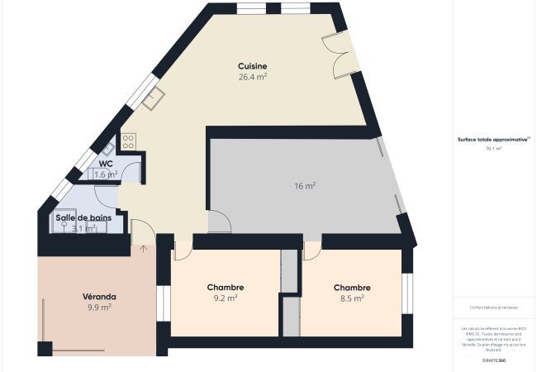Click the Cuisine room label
[x=252, y=66]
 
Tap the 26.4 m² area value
[x=252, y=77]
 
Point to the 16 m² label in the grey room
[x=305, y=186]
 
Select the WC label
[x=106, y=164]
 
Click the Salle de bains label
[x=83, y=218]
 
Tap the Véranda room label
[x=99, y=296]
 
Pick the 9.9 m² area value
[x=99, y=307]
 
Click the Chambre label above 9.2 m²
[x=225, y=288]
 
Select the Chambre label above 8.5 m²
[x=352, y=288]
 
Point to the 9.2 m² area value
[x=225, y=298]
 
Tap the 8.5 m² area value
[x=352, y=298]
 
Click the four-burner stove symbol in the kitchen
[x=128, y=142]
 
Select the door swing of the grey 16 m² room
[x=219, y=220]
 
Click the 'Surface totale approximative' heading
[x=494, y=140]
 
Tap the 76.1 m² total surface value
[x=494, y=149]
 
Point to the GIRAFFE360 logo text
[x=494, y=360]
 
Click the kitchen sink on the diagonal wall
[x=152, y=100]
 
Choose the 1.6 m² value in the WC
[x=106, y=174]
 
